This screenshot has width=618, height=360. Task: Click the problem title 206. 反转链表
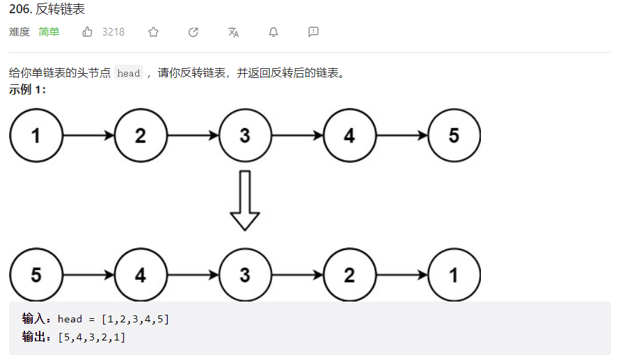point(48,10)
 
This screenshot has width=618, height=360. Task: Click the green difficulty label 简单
point(49,32)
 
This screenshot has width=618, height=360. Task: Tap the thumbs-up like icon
point(88,32)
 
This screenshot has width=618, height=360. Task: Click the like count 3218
point(113,32)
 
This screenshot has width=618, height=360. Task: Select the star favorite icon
point(154,32)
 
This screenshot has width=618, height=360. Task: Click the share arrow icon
point(193,32)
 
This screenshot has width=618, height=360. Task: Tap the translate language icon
point(233,32)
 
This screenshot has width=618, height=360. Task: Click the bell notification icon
point(274,32)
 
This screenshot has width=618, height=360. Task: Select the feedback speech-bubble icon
point(313,32)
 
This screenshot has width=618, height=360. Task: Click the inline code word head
point(129,73)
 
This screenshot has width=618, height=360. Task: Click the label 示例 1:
point(28,90)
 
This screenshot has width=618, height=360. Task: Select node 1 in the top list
point(36,135)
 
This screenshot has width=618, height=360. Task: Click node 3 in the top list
point(245,135)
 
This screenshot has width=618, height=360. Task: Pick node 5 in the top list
point(454,135)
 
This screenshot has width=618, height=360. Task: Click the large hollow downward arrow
point(245,200)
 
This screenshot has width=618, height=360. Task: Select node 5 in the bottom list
point(36,274)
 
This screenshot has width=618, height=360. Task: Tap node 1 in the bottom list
point(454,274)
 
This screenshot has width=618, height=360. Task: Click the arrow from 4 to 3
point(193,274)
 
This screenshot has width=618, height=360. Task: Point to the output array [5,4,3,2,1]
point(93,338)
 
